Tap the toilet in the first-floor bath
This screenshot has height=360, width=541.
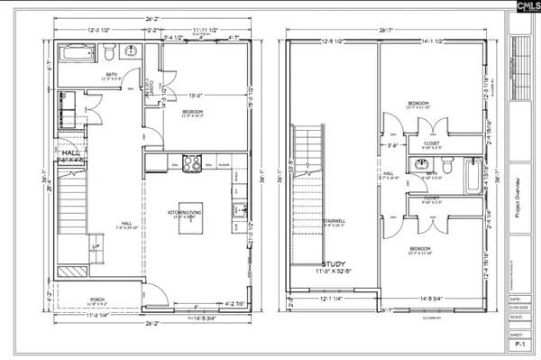pos(108,50)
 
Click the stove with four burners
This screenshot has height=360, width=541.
pos(191,163)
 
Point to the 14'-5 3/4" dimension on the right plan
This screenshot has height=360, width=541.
pos(436,297)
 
